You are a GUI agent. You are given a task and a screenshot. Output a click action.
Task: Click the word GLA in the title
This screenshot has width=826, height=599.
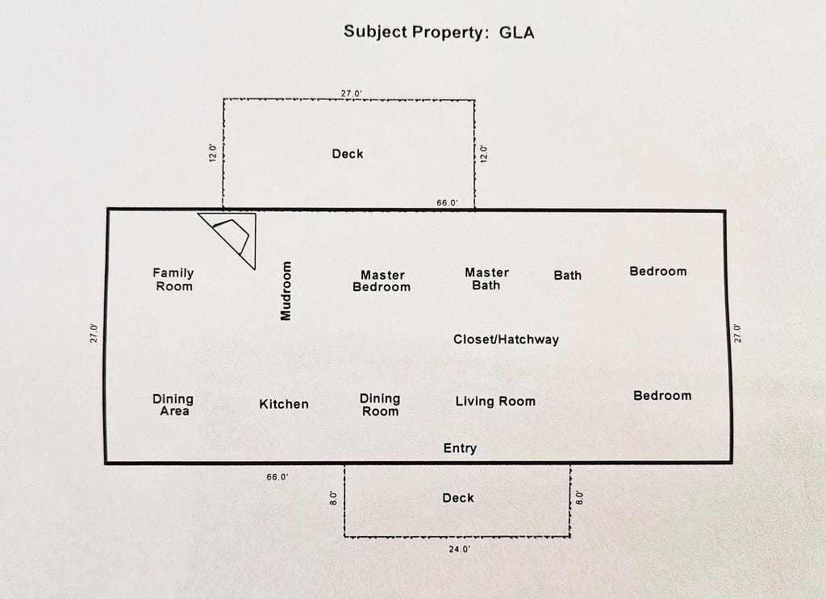[516, 32]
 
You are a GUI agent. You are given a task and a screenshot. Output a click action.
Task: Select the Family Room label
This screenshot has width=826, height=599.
[173, 280]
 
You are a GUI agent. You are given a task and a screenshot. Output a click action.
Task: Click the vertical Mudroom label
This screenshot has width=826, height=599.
[286, 290]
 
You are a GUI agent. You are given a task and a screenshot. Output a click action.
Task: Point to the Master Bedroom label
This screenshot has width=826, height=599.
[382, 281]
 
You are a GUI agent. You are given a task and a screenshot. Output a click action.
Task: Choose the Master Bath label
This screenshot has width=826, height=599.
[486, 279]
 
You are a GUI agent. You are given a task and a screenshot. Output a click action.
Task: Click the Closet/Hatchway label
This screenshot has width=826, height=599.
[506, 339]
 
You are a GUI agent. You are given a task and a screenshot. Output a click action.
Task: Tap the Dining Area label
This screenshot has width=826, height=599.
[173, 405]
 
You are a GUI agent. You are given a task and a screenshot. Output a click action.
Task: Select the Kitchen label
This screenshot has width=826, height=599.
[284, 404]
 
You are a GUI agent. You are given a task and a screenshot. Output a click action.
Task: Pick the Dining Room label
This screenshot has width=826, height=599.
[381, 405]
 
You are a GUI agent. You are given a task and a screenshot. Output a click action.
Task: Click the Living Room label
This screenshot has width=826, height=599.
[495, 401]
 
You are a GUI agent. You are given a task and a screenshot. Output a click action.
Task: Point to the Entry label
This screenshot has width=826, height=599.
[460, 448]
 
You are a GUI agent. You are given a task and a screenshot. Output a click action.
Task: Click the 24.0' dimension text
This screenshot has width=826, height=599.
[459, 550]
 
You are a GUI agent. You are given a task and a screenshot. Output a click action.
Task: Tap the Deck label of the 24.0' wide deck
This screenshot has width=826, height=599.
[458, 498]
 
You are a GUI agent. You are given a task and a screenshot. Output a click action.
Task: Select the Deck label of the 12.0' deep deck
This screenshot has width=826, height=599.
[348, 154]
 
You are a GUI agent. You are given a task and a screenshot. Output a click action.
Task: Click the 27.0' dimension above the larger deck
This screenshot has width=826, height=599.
[352, 94]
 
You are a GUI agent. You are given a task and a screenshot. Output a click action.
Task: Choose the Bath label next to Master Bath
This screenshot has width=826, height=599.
[568, 275]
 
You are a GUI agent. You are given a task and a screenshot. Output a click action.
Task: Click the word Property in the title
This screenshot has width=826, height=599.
[447, 32]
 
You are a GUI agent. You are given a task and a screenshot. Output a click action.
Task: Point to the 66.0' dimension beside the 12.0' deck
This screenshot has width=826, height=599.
[447, 202]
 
